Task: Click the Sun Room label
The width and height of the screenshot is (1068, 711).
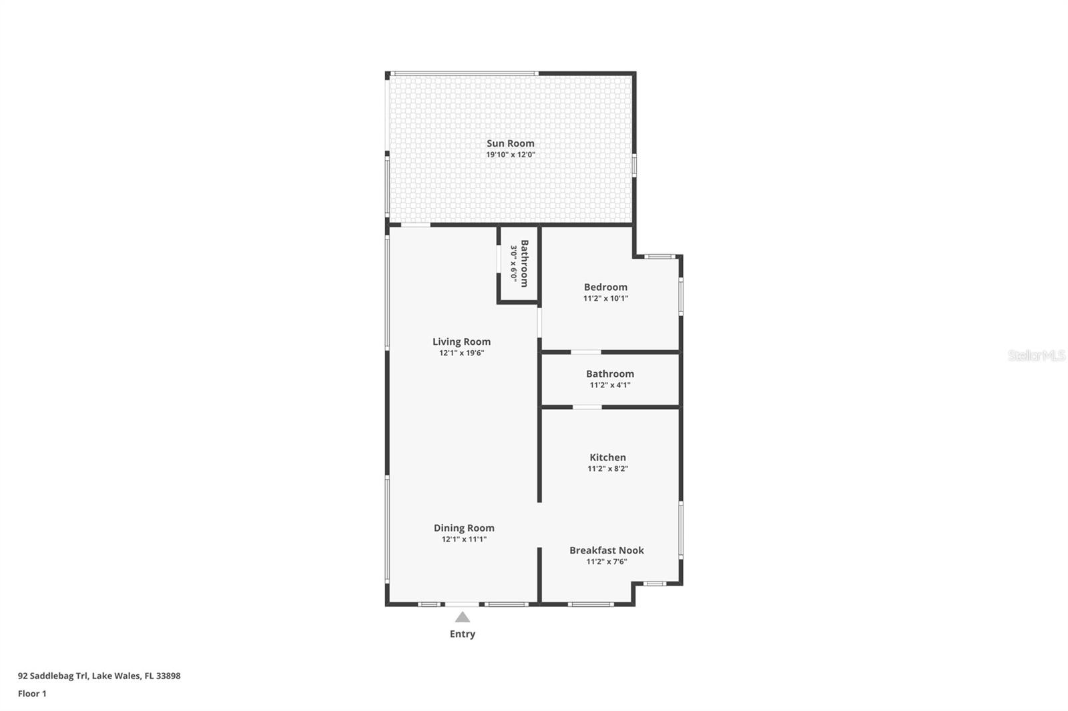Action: point(510,143)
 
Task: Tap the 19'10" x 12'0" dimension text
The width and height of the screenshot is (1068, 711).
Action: point(511,154)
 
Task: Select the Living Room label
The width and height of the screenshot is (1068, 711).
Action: point(461,341)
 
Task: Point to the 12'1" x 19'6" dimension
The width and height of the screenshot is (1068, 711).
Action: point(461,353)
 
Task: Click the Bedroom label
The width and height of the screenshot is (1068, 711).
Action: point(605,287)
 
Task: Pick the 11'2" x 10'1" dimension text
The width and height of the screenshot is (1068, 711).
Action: point(605,298)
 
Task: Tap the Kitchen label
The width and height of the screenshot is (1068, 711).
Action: point(607,457)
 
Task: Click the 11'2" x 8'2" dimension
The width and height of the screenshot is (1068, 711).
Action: point(607,468)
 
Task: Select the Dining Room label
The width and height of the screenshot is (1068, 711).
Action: point(464,528)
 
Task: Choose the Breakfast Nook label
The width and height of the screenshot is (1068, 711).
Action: point(607,550)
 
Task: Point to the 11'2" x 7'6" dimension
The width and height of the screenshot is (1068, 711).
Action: point(607,562)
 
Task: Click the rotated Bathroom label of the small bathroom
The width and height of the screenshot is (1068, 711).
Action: point(525,263)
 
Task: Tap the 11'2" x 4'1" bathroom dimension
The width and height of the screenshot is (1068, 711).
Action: point(610,385)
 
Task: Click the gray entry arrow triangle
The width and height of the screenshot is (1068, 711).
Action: point(463,618)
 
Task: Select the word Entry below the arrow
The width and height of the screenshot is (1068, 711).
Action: point(463,634)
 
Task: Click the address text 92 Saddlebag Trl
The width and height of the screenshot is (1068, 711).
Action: point(53,676)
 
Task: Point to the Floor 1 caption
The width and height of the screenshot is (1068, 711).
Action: point(32,694)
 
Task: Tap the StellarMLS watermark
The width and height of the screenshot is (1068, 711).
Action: point(1037,355)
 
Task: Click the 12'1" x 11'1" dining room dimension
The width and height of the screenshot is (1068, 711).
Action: point(464,540)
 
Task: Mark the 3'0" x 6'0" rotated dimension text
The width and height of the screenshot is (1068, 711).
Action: point(513,263)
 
